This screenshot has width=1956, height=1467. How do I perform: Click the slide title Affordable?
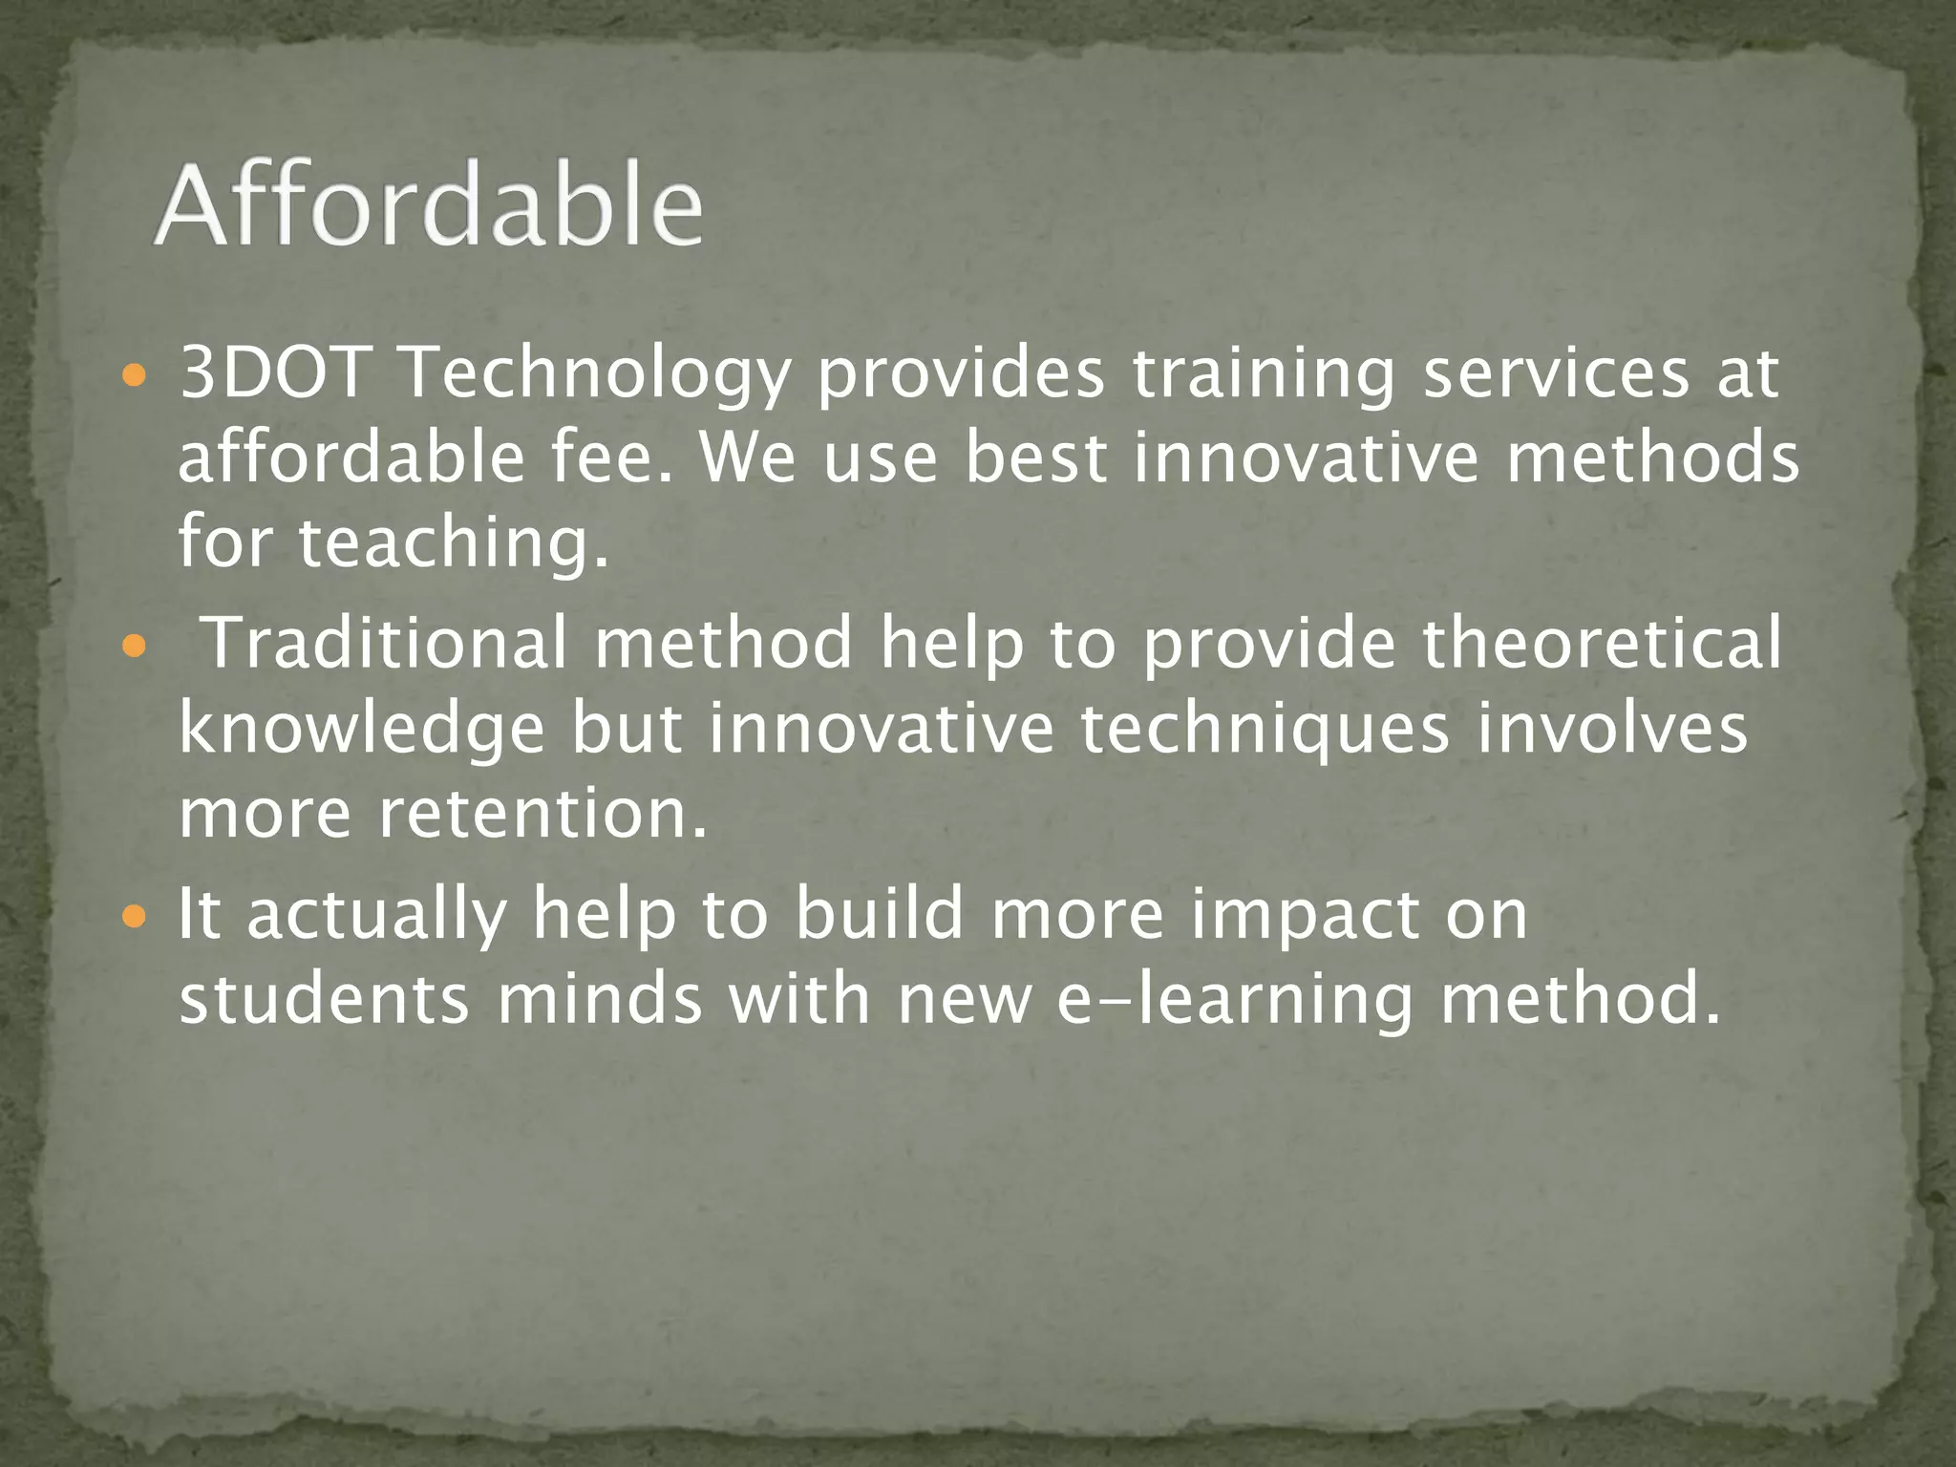[429, 206]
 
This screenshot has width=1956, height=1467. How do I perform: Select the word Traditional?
[387, 642]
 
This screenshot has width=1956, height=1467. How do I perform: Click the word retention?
[543, 814]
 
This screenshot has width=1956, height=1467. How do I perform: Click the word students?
[325, 999]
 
